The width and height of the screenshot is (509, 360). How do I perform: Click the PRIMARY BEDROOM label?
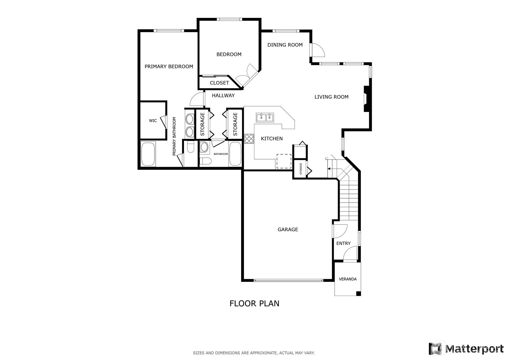169,66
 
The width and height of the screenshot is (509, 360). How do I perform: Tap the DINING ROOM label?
285,45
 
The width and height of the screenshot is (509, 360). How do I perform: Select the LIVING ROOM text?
332,97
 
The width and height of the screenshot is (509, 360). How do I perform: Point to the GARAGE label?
288,229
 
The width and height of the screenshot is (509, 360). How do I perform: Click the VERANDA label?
348,279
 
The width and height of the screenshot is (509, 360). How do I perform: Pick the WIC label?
153,121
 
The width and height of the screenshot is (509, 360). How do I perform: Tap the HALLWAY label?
223,96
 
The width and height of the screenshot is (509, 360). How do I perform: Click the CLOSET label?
219,83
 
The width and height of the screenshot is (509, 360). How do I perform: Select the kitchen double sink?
265,118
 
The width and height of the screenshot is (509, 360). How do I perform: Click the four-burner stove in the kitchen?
249,139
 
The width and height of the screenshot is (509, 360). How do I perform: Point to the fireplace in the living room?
367,99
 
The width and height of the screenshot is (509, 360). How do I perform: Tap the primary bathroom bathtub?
148,154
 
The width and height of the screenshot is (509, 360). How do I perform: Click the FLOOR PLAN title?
255,303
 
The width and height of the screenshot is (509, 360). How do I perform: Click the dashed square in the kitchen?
284,161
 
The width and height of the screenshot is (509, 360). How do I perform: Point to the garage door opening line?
288,281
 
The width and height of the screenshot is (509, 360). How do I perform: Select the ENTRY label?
343,243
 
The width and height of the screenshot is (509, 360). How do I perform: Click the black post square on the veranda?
358,294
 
